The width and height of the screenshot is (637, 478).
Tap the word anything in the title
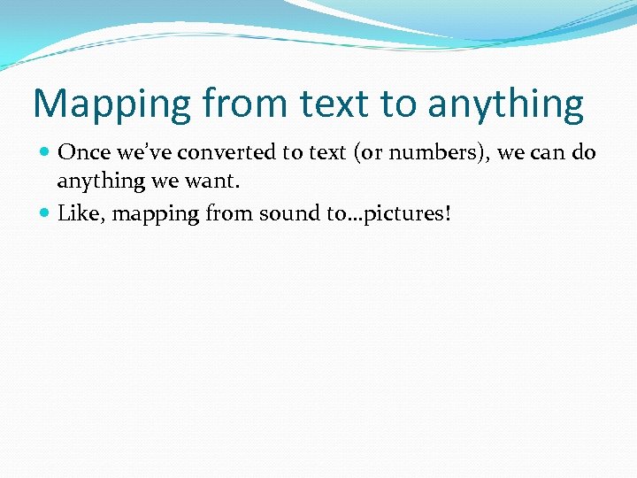505,105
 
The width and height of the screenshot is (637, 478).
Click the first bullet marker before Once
45,152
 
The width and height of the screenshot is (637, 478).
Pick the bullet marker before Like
45,212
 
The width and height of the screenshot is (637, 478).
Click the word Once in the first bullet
81,152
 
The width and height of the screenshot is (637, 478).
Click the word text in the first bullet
326,152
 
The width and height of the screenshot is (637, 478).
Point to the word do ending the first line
584,152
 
